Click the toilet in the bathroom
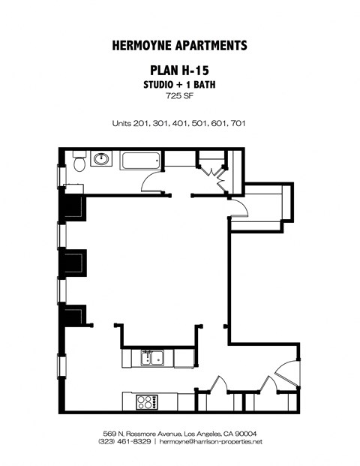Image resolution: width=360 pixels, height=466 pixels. (77, 160)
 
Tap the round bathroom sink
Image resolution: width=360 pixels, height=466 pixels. (100, 160)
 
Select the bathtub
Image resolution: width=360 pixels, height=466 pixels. (140, 160)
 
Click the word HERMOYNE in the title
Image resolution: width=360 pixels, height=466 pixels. (143, 46)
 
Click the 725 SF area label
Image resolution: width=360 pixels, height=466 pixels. (179, 96)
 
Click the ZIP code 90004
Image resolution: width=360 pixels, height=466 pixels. (246, 434)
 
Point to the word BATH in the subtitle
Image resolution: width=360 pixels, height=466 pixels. (202, 85)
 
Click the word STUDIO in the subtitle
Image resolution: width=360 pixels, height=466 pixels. (159, 85)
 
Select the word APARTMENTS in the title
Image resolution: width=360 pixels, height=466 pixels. (211, 46)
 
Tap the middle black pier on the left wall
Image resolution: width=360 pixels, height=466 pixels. (73, 263)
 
